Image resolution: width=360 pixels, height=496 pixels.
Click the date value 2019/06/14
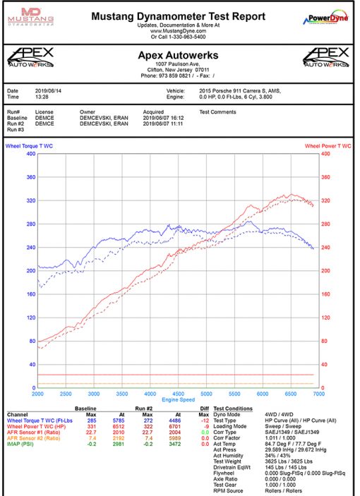pyautogui.click(x=49, y=91)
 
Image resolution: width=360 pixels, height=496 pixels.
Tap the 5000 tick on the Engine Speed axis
pyautogui.click(x=206, y=394)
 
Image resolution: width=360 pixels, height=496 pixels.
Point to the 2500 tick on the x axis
pyautogui.click(x=66, y=394)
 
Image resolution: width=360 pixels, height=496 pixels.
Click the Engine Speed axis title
pyautogui.click(x=178, y=400)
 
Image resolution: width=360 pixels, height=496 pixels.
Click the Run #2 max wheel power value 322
pyautogui.click(x=146, y=425)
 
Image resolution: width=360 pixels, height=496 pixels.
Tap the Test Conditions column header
pyautogui.click(x=233, y=409)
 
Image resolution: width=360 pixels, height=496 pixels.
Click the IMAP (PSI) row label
pyautogui.click(x=21, y=443)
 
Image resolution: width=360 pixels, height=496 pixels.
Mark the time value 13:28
pyautogui.click(x=42, y=97)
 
